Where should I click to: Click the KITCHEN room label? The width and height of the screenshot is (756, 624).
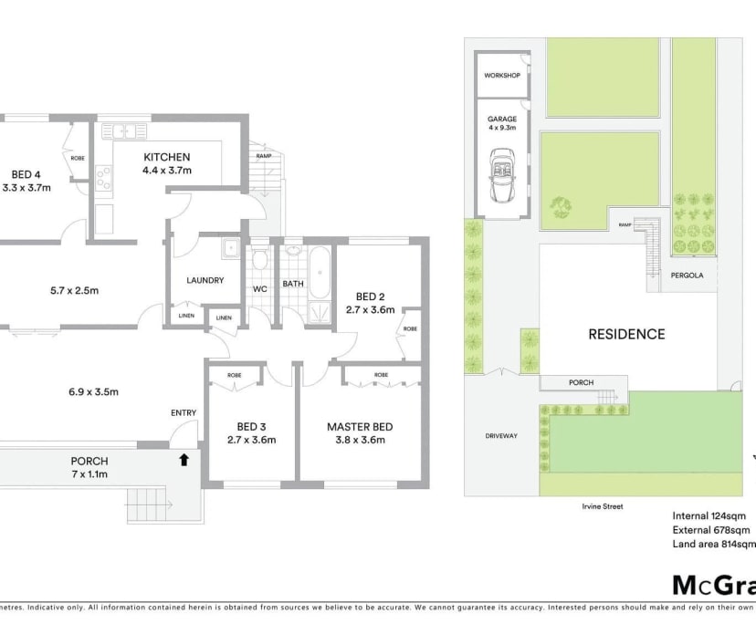(166, 157)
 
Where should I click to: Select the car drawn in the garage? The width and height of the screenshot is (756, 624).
(501, 177)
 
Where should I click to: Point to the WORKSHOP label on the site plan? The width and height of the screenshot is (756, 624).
(501, 75)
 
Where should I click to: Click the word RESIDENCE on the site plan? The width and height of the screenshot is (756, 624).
(625, 334)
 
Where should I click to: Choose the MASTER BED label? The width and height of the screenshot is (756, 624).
(360, 426)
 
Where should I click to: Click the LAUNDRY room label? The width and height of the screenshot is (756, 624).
(205, 280)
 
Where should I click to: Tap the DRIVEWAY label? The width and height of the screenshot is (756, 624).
(501, 436)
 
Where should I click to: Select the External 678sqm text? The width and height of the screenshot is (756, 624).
(712, 529)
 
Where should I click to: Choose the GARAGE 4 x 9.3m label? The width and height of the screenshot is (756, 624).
(501, 123)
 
